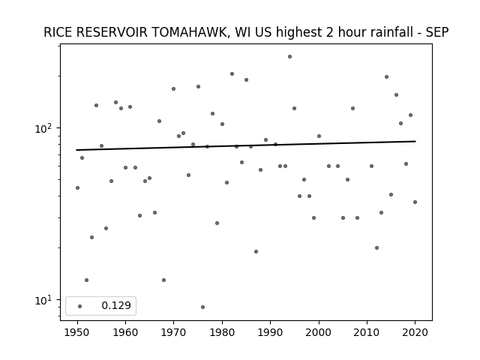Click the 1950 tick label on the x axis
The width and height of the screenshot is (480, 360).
pos(77,332)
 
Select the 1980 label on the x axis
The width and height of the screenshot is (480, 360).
pos(222,332)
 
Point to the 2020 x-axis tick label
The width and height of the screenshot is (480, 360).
pos(415,332)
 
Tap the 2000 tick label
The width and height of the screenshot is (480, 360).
pos(319,332)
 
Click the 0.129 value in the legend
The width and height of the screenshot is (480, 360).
pos(116,305)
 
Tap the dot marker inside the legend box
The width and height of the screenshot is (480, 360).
pos(80,306)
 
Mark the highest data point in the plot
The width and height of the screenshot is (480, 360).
pos(289,57)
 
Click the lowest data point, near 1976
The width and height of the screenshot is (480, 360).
pos(202,307)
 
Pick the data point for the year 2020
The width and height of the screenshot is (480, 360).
pos(415,202)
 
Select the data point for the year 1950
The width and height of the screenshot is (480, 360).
pos(77,187)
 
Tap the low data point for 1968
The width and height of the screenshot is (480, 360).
pos(163,280)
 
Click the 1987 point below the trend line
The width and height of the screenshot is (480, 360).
pos(256,252)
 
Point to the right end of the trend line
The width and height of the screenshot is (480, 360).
pos(415,141)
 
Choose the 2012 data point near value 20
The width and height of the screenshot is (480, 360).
pos(376,248)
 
